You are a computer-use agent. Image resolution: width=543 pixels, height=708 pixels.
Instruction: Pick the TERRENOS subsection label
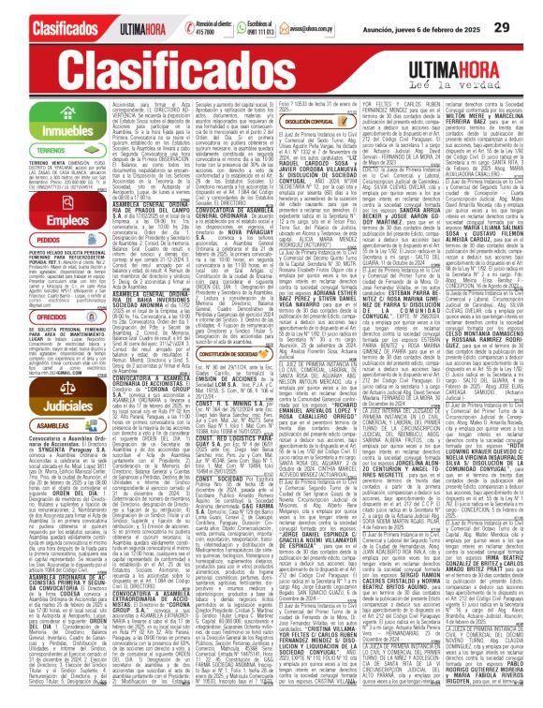click(x=29, y=153)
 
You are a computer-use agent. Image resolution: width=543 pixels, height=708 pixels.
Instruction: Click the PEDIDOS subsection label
click(x=26, y=240)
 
